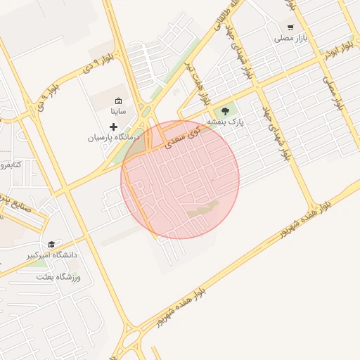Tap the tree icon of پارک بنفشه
coord(226,110)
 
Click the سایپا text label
coord(117,111)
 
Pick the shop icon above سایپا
coord(118,100)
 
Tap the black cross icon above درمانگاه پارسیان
coord(114,127)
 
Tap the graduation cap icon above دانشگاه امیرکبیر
coord(51,244)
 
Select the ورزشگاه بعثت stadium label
coord(59,277)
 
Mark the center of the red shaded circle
coord(180,179)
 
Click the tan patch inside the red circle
coord(203,209)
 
